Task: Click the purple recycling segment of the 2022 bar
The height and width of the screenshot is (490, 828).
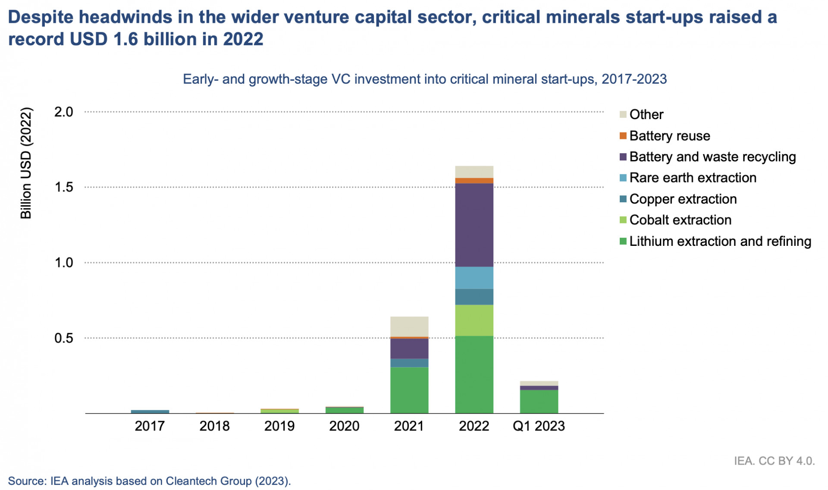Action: [x=474, y=225]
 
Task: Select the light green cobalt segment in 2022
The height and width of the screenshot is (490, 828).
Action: [x=474, y=320]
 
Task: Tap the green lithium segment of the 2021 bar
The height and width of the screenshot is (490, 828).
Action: [x=409, y=390]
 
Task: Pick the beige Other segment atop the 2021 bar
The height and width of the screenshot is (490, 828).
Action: [x=409, y=327]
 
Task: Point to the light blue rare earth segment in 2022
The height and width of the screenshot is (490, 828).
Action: [x=474, y=278]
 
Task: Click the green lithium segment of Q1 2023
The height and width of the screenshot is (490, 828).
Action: [x=539, y=401]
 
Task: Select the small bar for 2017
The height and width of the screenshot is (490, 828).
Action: [x=150, y=411]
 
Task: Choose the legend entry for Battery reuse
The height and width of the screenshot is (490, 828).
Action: [x=669, y=136]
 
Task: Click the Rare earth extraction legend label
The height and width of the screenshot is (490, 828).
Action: [x=693, y=178]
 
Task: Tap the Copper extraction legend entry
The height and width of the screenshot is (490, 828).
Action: [x=683, y=199]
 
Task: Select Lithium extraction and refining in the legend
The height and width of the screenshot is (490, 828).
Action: [x=720, y=241]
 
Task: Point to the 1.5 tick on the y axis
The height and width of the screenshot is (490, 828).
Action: [x=63, y=187]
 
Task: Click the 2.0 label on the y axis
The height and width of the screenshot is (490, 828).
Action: [x=63, y=112]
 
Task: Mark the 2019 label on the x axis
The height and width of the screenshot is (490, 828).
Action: [x=279, y=426]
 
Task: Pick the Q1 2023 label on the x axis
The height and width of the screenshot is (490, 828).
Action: [x=539, y=426]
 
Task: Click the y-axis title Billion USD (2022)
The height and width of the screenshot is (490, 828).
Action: [x=26, y=163]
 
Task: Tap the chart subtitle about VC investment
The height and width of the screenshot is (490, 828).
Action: [x=425, y=79]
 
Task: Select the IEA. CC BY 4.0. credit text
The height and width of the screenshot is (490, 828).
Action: [x=774, y=461]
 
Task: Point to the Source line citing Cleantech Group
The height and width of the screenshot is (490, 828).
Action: [x=149, y=481]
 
